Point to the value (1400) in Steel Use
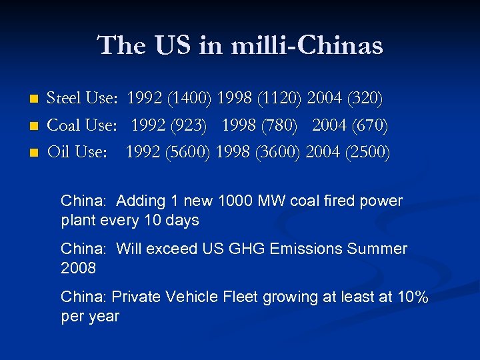(189, 99)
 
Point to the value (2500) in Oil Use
(367, 152)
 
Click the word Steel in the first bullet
(64, 99)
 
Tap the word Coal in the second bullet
(65, 125)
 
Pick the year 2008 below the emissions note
(78, 268)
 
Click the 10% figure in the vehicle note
(412, 297)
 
